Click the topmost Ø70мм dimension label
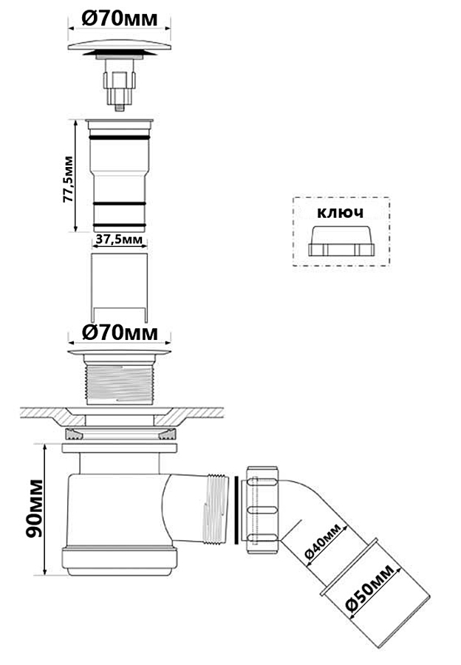120,18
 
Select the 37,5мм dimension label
119,240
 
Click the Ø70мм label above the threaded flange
120,333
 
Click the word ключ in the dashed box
340,213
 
